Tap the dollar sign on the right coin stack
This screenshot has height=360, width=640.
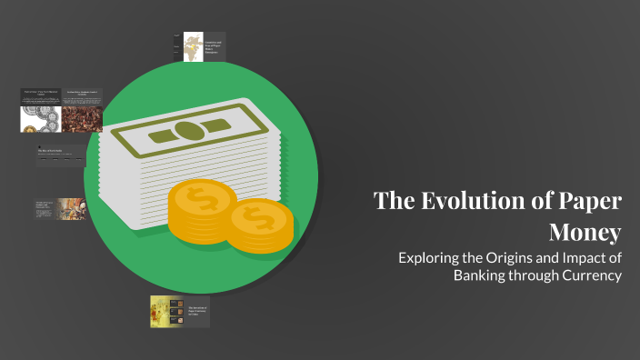tap(261, 219)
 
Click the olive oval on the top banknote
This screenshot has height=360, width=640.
tap(186, 130)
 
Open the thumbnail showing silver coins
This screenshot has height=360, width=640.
tap(40, 119)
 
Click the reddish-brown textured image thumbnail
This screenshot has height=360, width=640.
tap(82, 119)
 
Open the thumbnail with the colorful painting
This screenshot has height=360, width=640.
tap(72, 209)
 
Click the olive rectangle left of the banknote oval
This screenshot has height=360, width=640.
tap(140, 138)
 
